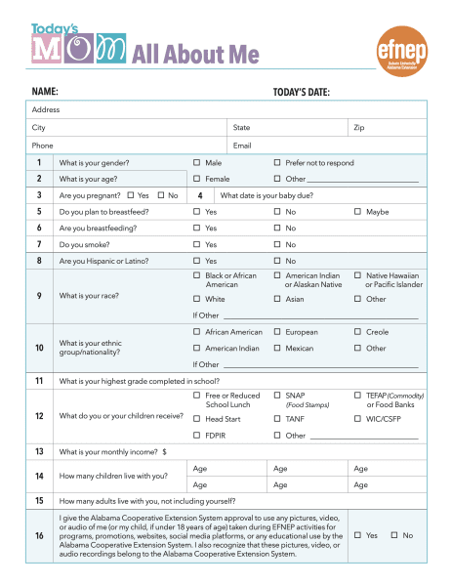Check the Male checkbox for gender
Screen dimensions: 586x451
click(197, 162)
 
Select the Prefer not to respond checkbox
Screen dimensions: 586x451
click(278, 162)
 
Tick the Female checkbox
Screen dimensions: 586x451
click(197, 179)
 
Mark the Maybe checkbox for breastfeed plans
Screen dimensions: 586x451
click(358, 211)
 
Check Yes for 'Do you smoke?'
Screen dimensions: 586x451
click(197, 244)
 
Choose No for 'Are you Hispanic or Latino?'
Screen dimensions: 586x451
click(278, 261)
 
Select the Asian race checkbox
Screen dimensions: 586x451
click(278, 299)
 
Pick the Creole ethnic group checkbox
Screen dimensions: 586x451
click(358, 332)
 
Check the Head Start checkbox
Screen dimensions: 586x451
click(197, 419)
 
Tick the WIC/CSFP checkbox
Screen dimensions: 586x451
click(358, 419)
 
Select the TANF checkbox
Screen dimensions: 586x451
click(278, 419)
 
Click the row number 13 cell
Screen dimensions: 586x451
click(39, 452)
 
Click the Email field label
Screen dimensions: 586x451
click(242, 145)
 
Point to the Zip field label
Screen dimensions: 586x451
click(358, 128)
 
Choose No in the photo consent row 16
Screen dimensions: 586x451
click(394, 535)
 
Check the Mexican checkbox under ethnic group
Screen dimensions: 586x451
click(278, 348)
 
